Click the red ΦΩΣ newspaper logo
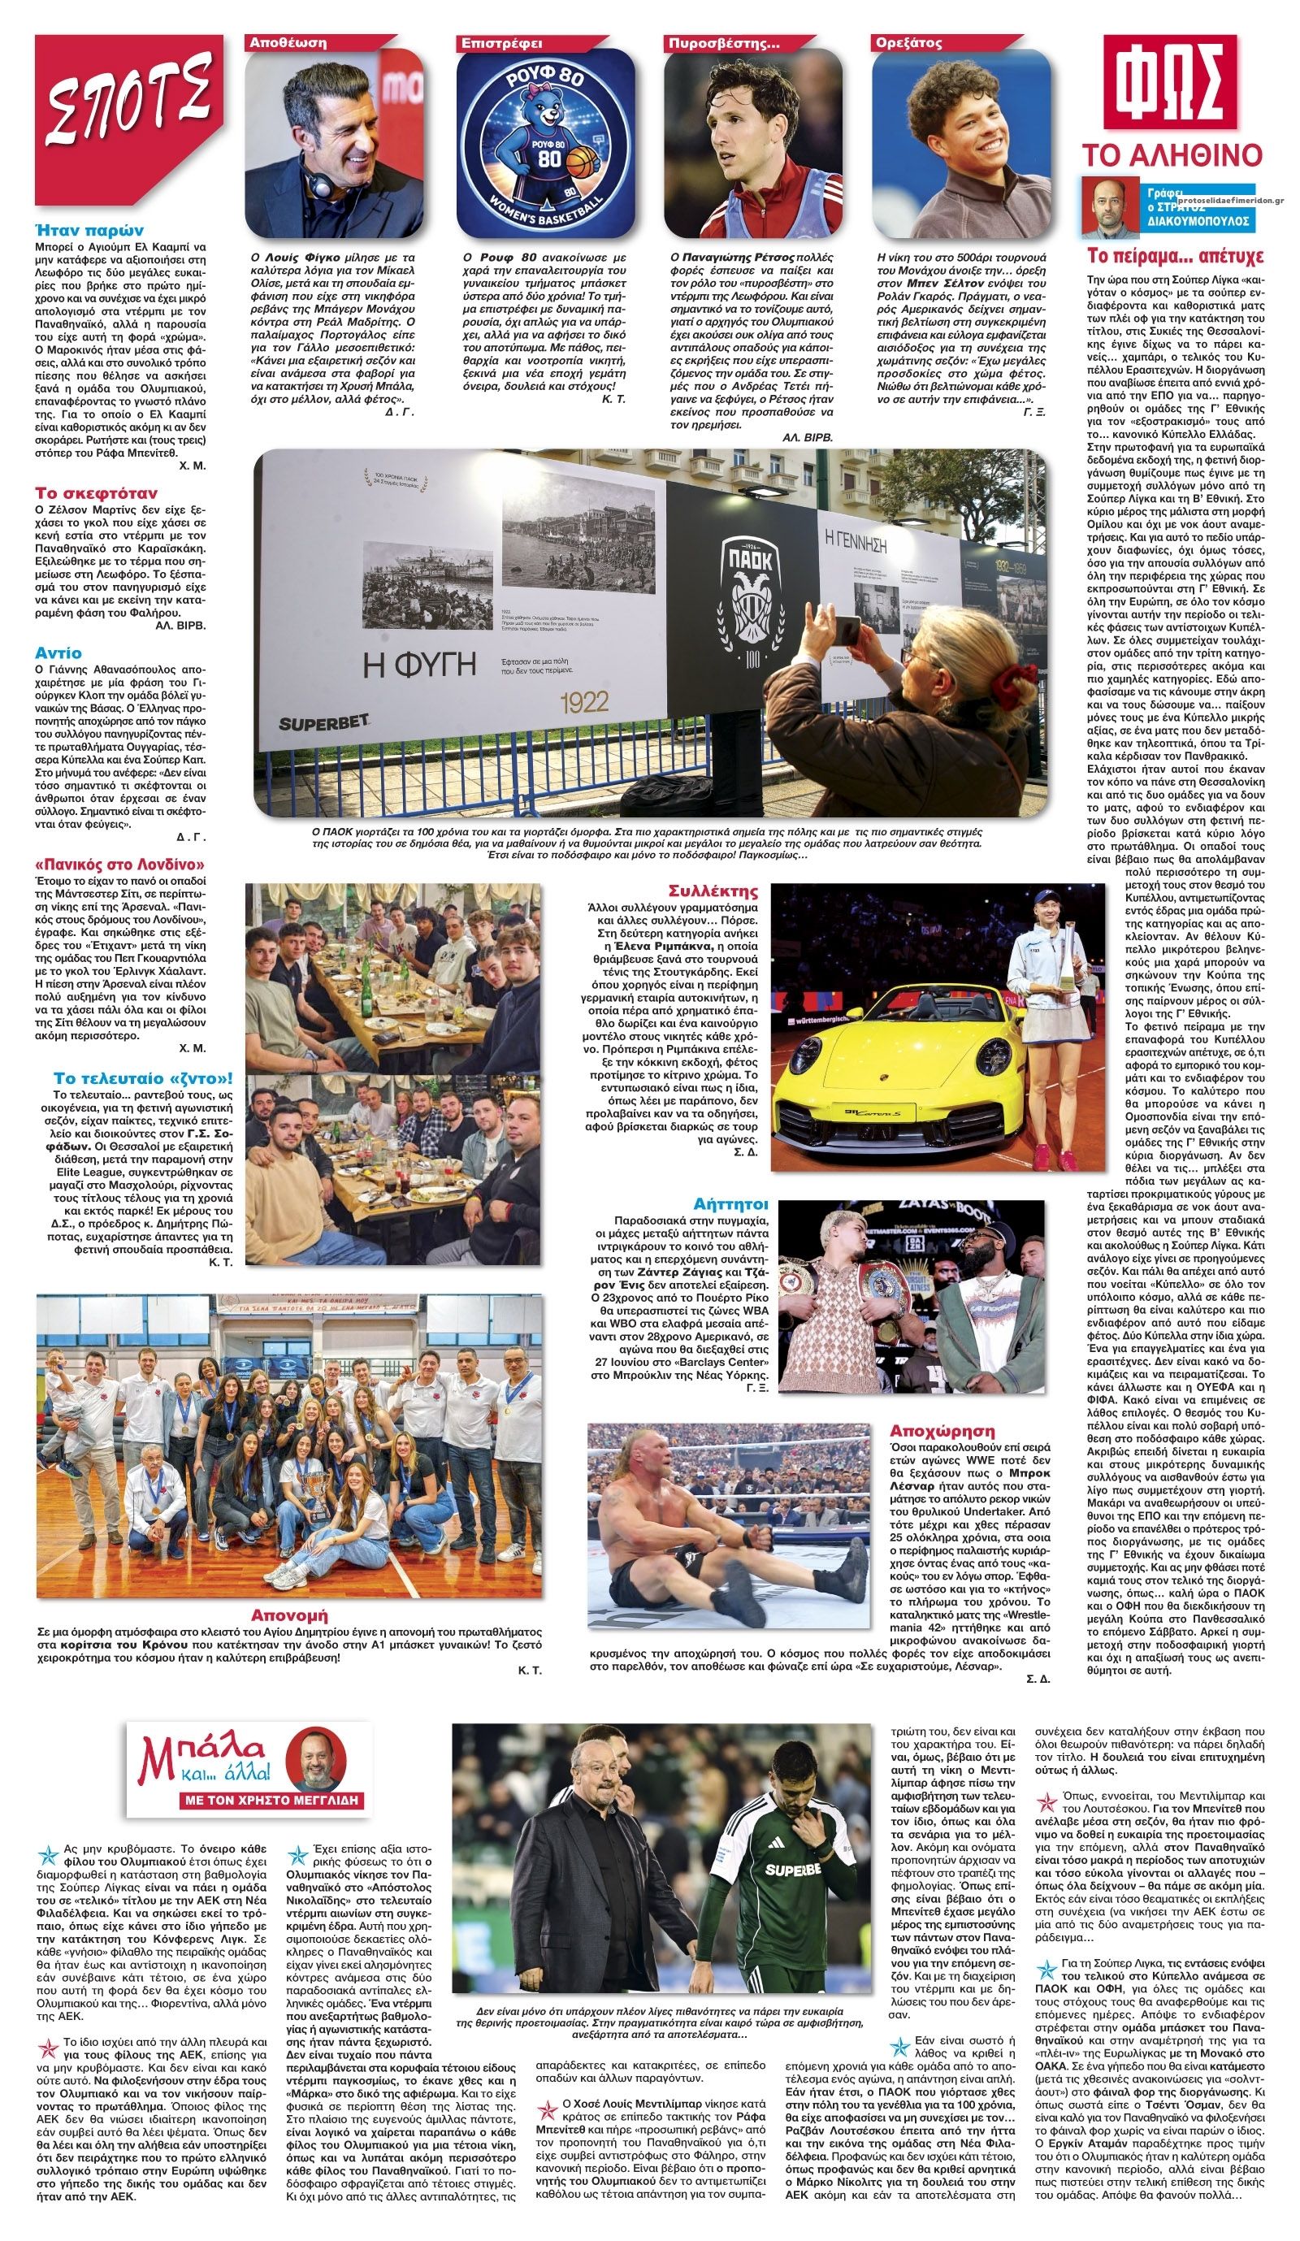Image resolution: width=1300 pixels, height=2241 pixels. coord(1170,85)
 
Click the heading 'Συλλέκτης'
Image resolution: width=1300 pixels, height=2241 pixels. coord(713,891)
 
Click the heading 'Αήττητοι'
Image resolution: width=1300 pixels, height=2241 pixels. coord(731,1204)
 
